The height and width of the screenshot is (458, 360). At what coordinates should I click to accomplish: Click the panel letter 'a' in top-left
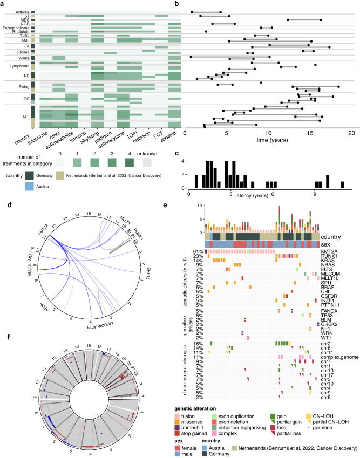click(x=3, y=4)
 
